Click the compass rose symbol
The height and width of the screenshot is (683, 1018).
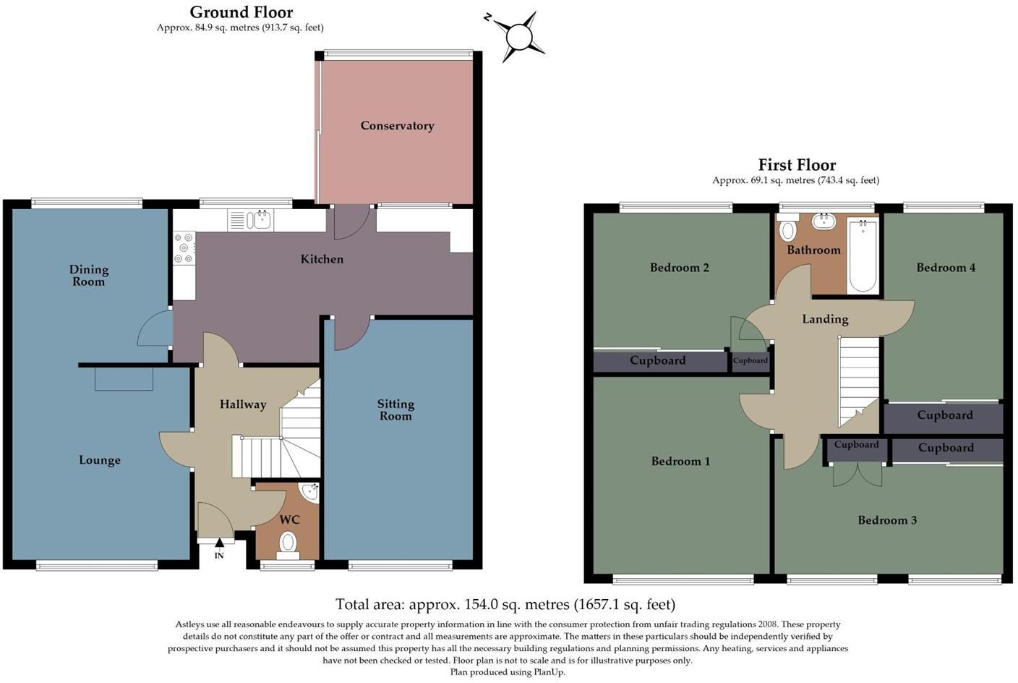(519, 35)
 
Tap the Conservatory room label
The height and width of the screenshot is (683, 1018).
(397, 126)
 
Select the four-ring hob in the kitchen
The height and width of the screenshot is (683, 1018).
(184, 247)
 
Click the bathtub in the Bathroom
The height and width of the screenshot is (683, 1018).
(863, 255)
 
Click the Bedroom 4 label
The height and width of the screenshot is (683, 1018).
(946, 268)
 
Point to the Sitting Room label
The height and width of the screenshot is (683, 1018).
(395, 410)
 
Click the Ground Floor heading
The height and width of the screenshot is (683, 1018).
(241, 12)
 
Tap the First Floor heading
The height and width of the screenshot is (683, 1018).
(796, 165)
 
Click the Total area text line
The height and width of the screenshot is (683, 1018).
(505, 604)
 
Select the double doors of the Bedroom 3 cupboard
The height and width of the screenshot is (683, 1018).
(857, 474)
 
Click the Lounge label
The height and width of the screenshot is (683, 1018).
(100, 460)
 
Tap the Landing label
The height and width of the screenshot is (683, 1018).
(825, 319)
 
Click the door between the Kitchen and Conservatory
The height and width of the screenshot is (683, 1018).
(351, 221)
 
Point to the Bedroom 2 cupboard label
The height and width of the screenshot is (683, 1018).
(657, 360)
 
